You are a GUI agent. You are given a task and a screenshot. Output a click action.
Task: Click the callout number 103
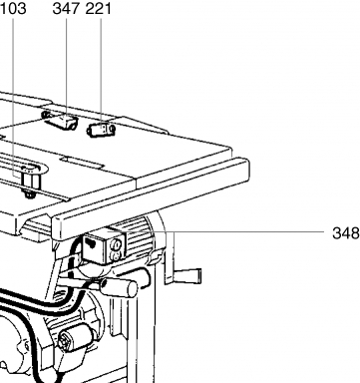click(13, 8)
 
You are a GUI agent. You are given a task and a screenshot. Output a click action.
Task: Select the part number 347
click(66, 8)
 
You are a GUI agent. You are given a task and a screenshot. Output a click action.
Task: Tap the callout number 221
click(99, 8)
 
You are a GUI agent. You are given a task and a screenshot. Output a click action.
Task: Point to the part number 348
click(346, 233)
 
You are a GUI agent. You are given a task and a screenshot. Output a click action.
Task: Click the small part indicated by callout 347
click(61, 120)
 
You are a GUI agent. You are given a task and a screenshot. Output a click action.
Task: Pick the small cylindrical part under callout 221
click(101, 130)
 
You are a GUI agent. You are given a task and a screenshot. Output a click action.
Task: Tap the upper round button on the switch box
click(116, 244)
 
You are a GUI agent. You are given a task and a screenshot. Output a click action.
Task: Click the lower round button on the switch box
click(115, 256)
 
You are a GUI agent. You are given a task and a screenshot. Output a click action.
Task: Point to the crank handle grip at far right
click(187, 275)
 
